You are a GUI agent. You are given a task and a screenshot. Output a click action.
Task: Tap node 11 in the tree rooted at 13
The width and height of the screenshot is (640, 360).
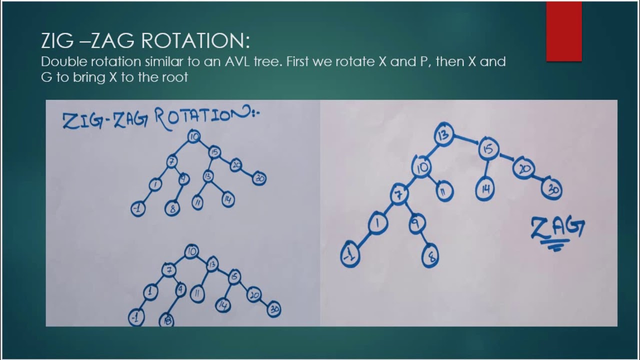[x=444, y=190]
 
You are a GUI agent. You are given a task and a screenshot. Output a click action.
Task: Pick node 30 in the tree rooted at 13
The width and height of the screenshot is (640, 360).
[x=551, y=189]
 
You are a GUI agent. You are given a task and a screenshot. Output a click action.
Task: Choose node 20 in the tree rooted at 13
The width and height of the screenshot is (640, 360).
[x=523, y=168]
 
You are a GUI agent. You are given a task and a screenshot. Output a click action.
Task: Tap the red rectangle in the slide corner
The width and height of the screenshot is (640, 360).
[x=563, y=31]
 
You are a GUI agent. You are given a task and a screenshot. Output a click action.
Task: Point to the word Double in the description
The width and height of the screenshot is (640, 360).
[x=60, y=62]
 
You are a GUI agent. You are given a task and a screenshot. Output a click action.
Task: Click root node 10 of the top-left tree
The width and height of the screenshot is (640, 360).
[x=193, y=136]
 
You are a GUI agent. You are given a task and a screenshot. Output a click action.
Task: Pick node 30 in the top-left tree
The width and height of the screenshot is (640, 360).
[x=259, y=178]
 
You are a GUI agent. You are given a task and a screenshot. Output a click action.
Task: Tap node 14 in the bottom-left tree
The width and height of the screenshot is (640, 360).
[x=223, y=304]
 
